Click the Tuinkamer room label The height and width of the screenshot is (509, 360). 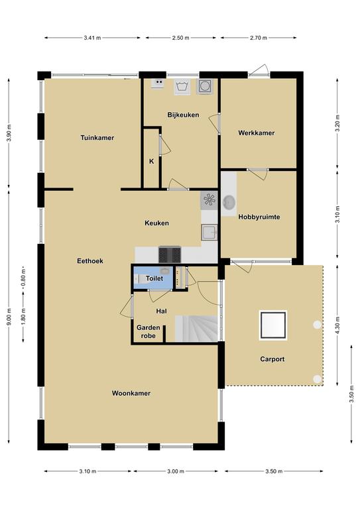coord(97,138)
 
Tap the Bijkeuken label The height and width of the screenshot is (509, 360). coord(183,115)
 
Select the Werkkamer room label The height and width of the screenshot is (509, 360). coord(256,133)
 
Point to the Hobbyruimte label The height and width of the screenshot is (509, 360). coord(259,217)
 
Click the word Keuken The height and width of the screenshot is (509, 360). coord(156,223)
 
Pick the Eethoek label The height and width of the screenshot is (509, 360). coord(90,261)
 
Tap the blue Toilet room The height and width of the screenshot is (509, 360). coord(153,278)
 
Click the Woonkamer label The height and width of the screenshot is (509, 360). coord(131,394)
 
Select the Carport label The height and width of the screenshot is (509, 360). coord(272,359)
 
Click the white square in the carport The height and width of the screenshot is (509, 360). coord(272,325)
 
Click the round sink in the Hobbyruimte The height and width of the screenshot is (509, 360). coord(229,202)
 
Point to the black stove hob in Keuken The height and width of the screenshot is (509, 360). coord(170,254)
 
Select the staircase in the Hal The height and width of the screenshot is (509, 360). coord(196,328)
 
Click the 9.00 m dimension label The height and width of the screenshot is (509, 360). coord(9,317)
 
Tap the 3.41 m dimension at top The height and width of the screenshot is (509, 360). coord(92,38)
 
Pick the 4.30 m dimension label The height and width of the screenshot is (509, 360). coord(337,325)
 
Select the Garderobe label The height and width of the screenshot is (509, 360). coord(148,332)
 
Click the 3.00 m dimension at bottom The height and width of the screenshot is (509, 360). coord(176,471)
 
